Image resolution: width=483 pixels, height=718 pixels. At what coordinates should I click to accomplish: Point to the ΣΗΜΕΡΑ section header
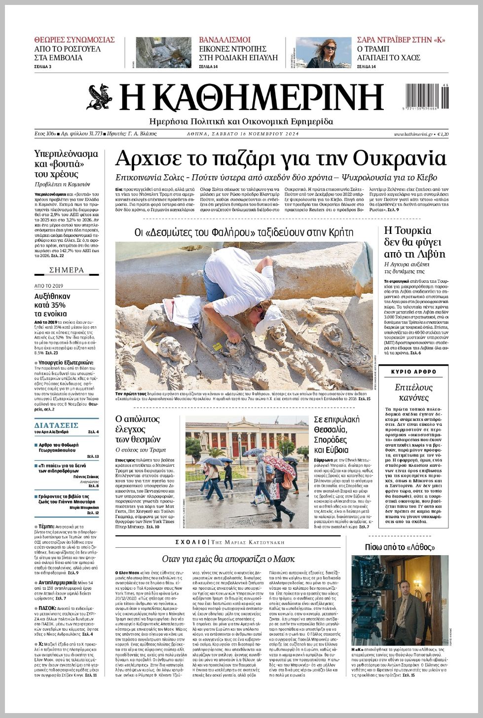click(x=67, y=270)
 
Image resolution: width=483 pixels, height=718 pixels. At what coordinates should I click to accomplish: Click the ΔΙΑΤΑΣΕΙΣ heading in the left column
click(x=56, y=425)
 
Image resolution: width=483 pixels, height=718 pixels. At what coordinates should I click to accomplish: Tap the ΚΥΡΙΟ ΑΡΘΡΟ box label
click(x=413, y=372)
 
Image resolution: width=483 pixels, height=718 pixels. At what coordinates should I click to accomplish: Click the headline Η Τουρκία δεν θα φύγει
click(x=414, y=242)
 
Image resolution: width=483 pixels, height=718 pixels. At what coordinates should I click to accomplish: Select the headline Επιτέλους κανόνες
click(x=413, y=392)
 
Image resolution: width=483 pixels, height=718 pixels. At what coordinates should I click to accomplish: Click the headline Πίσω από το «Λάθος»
click(x=400, y=547)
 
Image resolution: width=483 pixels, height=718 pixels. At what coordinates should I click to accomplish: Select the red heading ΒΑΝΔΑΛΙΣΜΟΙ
click(x=224, y=40)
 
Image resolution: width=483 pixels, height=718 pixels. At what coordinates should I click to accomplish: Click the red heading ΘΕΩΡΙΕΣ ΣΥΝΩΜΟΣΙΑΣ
click(x=74, y=40)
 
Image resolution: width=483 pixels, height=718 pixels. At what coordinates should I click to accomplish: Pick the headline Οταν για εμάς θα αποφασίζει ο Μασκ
click(x=228, y=559)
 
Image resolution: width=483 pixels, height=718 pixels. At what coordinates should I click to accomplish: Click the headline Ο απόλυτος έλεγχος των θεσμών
click(x=138, y=429)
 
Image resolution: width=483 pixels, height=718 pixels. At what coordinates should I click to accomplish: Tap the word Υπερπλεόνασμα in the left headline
click(x=66, y=153)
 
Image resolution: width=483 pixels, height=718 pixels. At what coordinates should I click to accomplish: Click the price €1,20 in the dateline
click(x=443, y=134)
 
